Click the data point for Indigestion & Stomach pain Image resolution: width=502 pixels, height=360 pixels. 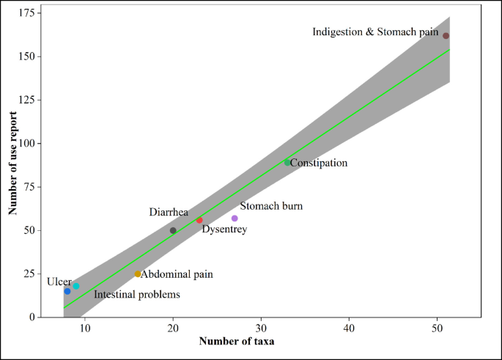coord(446,36)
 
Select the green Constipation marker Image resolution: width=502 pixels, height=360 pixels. coord(287,162)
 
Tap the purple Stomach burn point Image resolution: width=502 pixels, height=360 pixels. coord(235,218)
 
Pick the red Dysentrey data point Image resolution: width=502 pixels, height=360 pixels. coord(199,220)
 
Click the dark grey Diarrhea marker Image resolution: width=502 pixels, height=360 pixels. coord(173,230)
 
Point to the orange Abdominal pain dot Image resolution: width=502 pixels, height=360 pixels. coord(138,274)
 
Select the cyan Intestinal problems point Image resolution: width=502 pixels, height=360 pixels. coord(76,287)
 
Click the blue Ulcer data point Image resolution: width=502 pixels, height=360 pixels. coord(67,291)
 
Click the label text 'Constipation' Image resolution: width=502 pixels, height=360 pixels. coord(319,163)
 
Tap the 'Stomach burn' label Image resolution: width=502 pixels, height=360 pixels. coord(271,207)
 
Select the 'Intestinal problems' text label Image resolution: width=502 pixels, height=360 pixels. coord(136,295)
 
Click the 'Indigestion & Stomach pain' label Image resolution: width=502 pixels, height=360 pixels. coord(375,32)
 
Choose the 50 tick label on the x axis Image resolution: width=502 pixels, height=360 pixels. coord(437,326)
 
